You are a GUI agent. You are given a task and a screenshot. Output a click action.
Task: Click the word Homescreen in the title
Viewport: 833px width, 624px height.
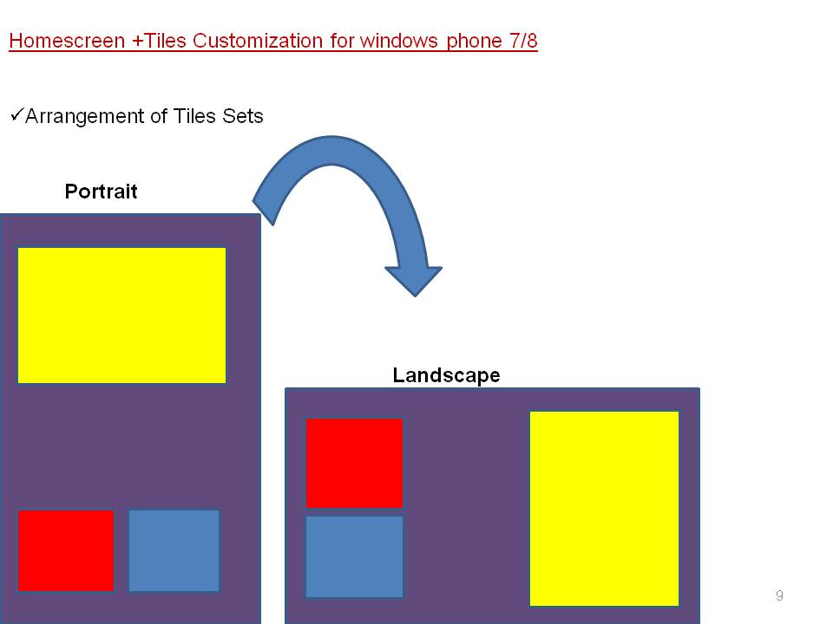coord(67,41)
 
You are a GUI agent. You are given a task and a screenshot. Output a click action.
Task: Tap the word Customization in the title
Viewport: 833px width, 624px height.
coord(257,41)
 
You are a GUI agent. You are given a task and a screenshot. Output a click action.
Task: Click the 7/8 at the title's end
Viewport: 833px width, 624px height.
coord(520,41)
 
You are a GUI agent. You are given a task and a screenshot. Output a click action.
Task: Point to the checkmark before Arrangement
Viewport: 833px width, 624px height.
coord(17,114)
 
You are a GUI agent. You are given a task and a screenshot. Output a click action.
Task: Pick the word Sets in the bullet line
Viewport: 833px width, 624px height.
coord(243,116)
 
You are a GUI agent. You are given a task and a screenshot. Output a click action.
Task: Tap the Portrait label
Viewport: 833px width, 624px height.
coord(101,191)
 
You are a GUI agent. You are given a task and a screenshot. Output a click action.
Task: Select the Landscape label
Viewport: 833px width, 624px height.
coord(446,375)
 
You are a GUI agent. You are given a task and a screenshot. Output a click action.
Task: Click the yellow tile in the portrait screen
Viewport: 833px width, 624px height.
coord(121,315)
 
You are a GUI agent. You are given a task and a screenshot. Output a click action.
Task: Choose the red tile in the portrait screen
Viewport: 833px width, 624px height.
coord(66,551)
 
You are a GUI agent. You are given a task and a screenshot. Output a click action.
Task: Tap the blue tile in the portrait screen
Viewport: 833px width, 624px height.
coord(174,551)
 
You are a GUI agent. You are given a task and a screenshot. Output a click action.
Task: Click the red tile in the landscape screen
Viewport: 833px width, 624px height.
coord(354,463)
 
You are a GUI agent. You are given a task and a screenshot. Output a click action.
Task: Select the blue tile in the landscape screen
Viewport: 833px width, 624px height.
coord(354,557)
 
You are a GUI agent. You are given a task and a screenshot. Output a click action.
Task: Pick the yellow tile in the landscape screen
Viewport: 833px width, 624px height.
coord(604,509)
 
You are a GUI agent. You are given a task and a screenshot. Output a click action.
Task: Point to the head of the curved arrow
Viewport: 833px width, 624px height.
coord(415,296)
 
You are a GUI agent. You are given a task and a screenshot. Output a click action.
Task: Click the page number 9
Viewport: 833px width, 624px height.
coord(779,595)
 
